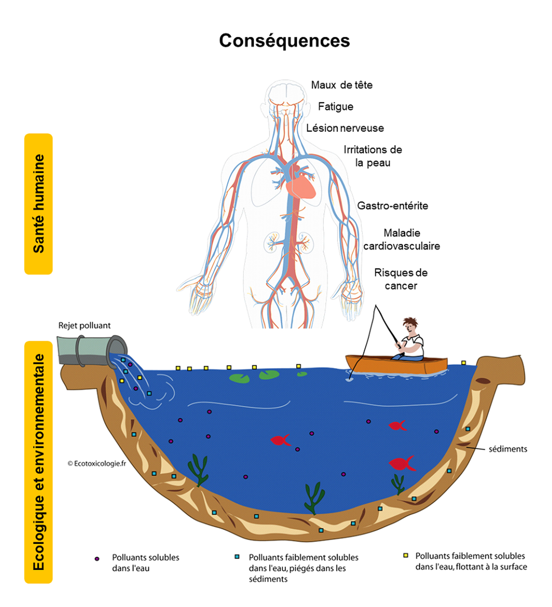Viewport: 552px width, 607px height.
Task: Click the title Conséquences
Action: [284, 41]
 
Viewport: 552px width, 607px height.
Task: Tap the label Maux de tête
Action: [341, 85]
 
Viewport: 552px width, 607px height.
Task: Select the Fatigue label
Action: [335, 107]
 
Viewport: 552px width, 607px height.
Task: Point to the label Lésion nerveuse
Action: [345, 128]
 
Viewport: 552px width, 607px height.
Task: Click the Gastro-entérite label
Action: [392, 206]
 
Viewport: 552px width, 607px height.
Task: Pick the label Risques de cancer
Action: [400, 279]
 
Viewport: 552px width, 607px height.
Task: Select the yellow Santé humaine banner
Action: [39, 204]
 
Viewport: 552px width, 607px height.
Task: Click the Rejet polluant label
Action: [84, 326]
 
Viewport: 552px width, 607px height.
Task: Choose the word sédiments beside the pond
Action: [508, 449]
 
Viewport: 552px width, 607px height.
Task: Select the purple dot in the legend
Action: [97, 559]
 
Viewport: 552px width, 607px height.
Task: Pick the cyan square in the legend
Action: [237, 557]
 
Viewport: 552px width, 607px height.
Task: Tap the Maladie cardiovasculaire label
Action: [401, 240]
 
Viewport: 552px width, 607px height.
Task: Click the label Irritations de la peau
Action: [373, 156]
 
